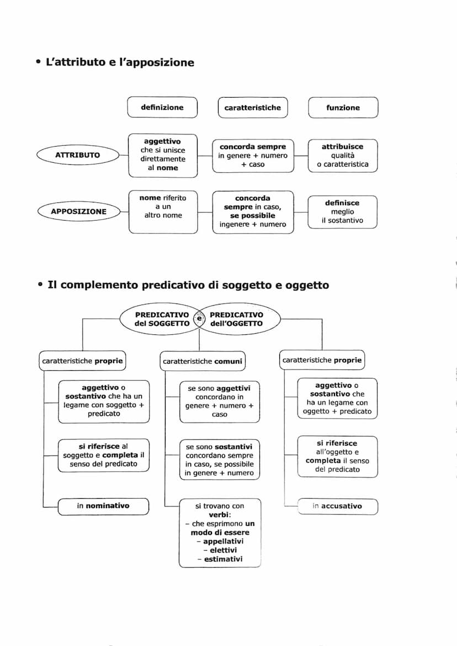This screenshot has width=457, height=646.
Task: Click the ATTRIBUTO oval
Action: [x=78, y=155]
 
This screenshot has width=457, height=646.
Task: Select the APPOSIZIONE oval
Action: [x=78, y=211]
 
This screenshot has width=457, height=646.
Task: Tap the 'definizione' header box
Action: [x=162, y=108]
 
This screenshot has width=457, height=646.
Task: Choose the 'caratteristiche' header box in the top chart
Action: [x=253, y=108]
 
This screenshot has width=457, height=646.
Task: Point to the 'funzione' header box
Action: [x=343, y=108]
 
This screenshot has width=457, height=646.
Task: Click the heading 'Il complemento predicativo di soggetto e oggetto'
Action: [x=188, y=285]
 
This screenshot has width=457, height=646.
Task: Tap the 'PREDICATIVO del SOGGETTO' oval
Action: [x=160, y=319]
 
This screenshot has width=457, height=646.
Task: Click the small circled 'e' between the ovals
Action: [x=199, y=318]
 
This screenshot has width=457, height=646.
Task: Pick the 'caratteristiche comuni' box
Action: [x=203, y=361]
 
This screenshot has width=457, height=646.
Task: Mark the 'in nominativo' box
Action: [x=103, y=506]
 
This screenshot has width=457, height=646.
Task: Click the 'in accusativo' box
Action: [x=337, y=506]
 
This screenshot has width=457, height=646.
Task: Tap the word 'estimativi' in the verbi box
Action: [x=223, y=559]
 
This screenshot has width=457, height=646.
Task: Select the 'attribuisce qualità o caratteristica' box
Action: [x=343, y=156]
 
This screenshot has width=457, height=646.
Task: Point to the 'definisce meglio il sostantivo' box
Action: [x=342, y=212]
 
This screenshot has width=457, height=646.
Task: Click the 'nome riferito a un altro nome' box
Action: [x=163, y=206]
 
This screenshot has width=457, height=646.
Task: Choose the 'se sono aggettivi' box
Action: [x=220, y=401]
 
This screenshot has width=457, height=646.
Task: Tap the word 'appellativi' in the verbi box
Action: [x=223, y=541]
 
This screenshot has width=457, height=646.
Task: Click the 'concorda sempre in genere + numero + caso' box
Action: [x=253, y=156]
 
